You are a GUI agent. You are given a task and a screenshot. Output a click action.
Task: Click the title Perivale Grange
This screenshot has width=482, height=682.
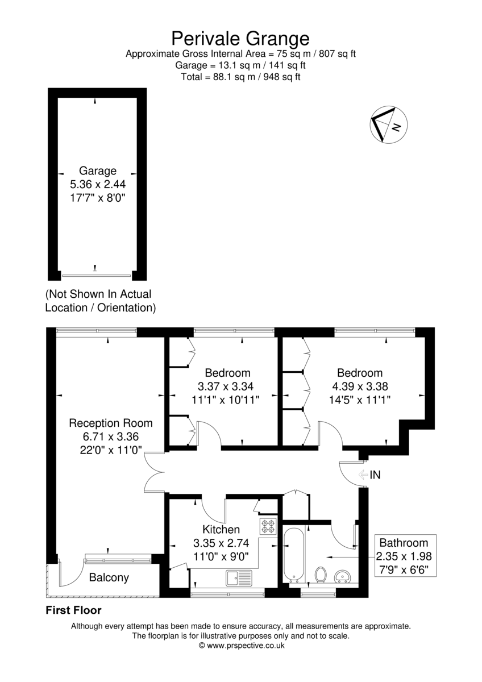240,39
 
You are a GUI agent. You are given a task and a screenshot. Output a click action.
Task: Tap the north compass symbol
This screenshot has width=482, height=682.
389,125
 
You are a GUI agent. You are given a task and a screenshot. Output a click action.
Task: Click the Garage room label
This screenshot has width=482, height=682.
98,171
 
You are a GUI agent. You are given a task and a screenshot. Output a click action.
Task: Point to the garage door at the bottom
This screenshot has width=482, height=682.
96,276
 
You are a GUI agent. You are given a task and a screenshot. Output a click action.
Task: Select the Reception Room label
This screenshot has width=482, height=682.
111,423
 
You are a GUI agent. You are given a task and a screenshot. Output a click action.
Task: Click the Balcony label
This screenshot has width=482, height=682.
109,577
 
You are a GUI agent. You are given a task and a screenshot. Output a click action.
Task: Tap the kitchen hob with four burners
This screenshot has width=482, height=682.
268,526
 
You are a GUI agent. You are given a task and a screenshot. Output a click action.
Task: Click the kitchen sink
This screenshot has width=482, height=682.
239,578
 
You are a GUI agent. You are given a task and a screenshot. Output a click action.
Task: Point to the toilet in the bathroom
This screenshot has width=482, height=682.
320,575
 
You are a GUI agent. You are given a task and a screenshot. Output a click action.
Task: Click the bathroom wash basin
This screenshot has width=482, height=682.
343,577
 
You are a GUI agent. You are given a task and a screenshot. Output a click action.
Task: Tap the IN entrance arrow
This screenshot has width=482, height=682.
363,475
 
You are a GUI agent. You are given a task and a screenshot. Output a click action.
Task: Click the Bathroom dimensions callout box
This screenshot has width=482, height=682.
405,555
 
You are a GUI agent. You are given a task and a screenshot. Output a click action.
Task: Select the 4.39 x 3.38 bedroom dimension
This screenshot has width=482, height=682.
360,386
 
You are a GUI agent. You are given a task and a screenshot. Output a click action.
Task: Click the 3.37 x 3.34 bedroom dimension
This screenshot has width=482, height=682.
226,386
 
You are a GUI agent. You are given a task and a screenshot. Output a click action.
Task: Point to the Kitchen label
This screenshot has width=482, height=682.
221,530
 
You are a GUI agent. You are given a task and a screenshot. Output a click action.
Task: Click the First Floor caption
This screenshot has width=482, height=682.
73,610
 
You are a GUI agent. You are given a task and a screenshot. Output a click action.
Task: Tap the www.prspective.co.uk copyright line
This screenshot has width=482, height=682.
242,645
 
